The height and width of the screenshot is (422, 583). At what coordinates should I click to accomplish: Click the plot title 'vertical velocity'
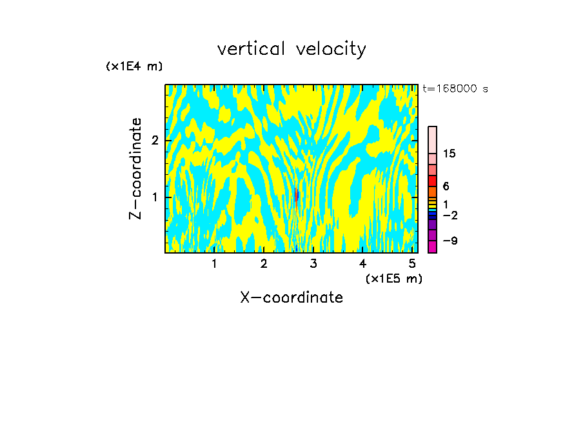click(291, 49)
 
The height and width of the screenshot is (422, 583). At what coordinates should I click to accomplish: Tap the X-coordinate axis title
click(291, 297)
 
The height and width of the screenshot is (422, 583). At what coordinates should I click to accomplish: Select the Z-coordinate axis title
click(135, 168)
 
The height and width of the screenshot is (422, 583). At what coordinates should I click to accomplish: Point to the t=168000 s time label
click(455, 89)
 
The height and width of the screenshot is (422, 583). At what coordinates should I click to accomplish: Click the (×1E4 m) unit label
click(134, 66)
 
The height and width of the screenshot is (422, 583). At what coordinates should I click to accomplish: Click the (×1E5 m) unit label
click(393, 278)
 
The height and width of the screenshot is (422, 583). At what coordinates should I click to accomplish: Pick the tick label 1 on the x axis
click(214, 264)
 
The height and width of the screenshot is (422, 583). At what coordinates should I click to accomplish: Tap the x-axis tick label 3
click(313, 264)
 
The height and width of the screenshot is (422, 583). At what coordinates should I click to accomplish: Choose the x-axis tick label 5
click(412, 264)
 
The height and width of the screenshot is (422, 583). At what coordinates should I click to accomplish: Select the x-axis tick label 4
click(362, 264)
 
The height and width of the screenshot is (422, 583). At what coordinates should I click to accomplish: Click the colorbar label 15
click(450, 154)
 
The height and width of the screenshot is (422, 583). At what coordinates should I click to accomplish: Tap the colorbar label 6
click(446, 186)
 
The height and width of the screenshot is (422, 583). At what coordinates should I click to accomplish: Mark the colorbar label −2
click(450, 215)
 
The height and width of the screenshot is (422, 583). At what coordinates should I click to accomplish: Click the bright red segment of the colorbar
click(432, 181)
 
